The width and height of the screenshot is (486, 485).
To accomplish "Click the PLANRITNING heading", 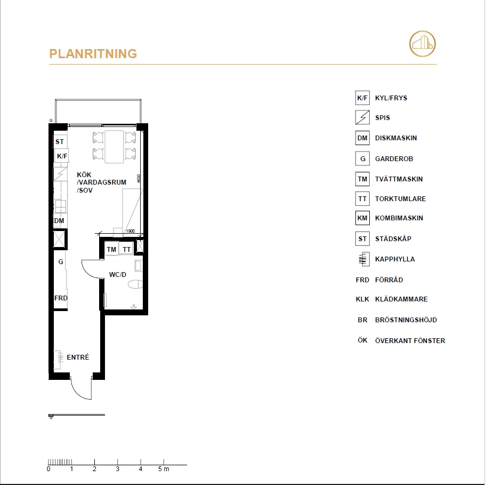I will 93,54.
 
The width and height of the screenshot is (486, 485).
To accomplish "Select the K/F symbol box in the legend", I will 362,98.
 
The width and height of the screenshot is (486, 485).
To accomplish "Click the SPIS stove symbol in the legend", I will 362,117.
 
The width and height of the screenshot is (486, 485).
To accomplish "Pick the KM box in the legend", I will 362,218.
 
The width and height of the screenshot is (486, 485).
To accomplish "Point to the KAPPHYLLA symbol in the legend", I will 362,259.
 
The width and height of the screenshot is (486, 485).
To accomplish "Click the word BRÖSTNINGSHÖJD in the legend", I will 406,320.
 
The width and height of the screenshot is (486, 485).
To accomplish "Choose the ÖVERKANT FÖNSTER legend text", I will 410,340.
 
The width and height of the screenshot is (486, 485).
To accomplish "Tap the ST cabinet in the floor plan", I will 60,142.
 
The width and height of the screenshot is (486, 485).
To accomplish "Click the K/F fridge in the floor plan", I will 62,156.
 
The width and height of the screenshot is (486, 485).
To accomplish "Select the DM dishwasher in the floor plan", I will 60,220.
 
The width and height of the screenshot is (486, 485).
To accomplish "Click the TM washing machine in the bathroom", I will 111,249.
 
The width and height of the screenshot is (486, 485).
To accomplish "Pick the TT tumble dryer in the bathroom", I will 126,249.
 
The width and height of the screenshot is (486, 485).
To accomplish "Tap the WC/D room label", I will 118,275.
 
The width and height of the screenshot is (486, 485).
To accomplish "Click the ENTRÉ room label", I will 78,357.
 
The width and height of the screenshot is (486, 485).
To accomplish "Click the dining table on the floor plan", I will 114,146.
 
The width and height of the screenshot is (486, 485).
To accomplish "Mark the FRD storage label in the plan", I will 61,298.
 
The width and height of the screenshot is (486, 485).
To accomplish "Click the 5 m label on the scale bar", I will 164,469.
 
